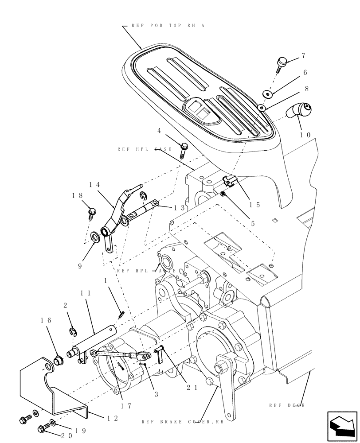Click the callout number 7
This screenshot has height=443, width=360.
pyautogui.click(x=304, y=56)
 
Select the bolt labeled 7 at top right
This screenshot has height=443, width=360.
pyautogui.click(x=282, y=64)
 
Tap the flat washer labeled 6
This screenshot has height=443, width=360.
pyautogui.click(x=267, y=93)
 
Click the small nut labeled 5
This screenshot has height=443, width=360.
pyautogui.click(x=223, y=194)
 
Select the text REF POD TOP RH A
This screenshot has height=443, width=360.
pyautogui.click(x=168, y=26)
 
